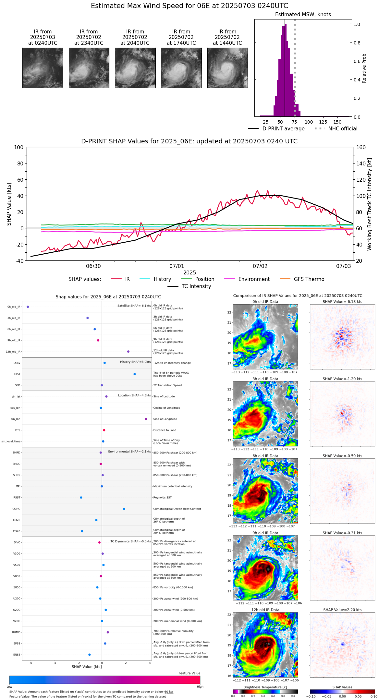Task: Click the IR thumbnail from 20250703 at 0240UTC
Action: click(43, 68)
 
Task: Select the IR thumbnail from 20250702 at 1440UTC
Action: click(227, 68)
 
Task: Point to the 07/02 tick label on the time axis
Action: click(260, 266)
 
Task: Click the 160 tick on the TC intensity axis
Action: click(361, 148)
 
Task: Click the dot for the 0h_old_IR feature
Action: click(28, 307)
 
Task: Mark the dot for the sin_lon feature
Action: click(146, 419)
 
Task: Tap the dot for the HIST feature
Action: click(135, 374)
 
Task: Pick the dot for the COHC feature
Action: click(124, 509)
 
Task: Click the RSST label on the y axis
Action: click(17, 497)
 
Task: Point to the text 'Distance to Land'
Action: click(165, 430)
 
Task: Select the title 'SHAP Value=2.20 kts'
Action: click(342, 610)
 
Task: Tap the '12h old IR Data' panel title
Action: click(265, 610)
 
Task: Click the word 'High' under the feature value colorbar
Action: click(200, 686)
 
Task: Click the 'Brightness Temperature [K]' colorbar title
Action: click(265, 687)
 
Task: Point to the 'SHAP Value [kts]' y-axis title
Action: click(9, 204)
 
